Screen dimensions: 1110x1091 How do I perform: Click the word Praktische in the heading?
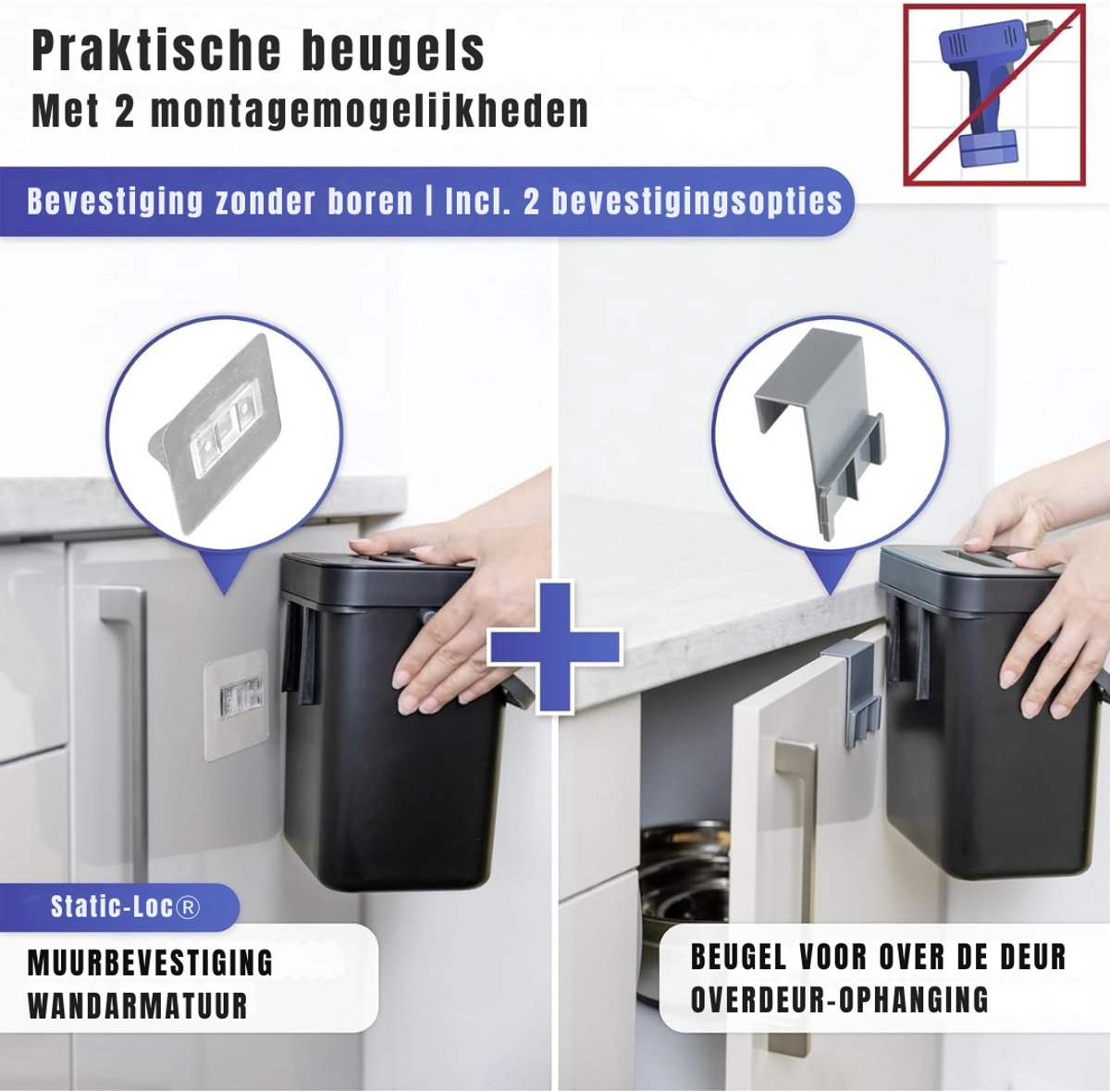(x=155, y=52)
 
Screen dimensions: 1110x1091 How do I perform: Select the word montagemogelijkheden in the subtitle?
(x=369, y=111)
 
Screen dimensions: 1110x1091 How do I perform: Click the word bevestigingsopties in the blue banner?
(x=697, y=202)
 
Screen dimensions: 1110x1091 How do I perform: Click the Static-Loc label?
(x=125, y=907)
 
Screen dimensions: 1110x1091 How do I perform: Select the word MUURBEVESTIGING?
(x=151, y=962)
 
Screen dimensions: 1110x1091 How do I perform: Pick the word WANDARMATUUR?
(x=138, y=1005)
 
